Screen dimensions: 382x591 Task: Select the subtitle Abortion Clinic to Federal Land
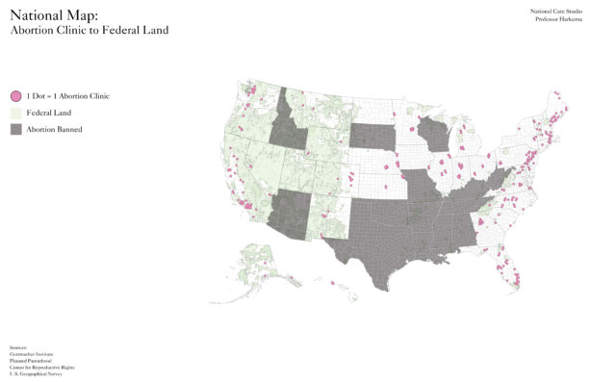click(x=89, y=31)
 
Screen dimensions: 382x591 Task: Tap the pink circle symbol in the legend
click(x=15, y=96)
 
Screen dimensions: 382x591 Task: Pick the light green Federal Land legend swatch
click(x=15, y=113)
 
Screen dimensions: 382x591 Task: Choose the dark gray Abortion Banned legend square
click(x=15, y=129)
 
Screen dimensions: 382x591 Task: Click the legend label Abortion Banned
click(x=54, y=129)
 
